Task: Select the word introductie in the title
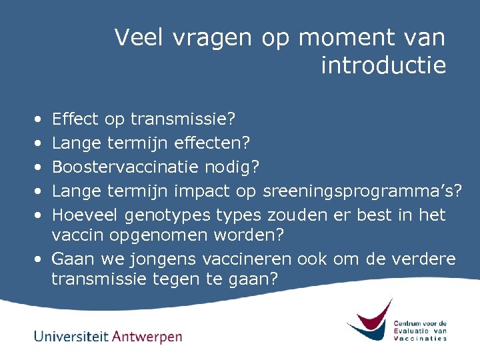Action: [383, 65]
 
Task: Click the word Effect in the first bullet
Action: [75, 119]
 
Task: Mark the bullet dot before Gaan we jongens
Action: [41, 259]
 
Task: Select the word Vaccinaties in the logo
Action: [420, 338]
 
